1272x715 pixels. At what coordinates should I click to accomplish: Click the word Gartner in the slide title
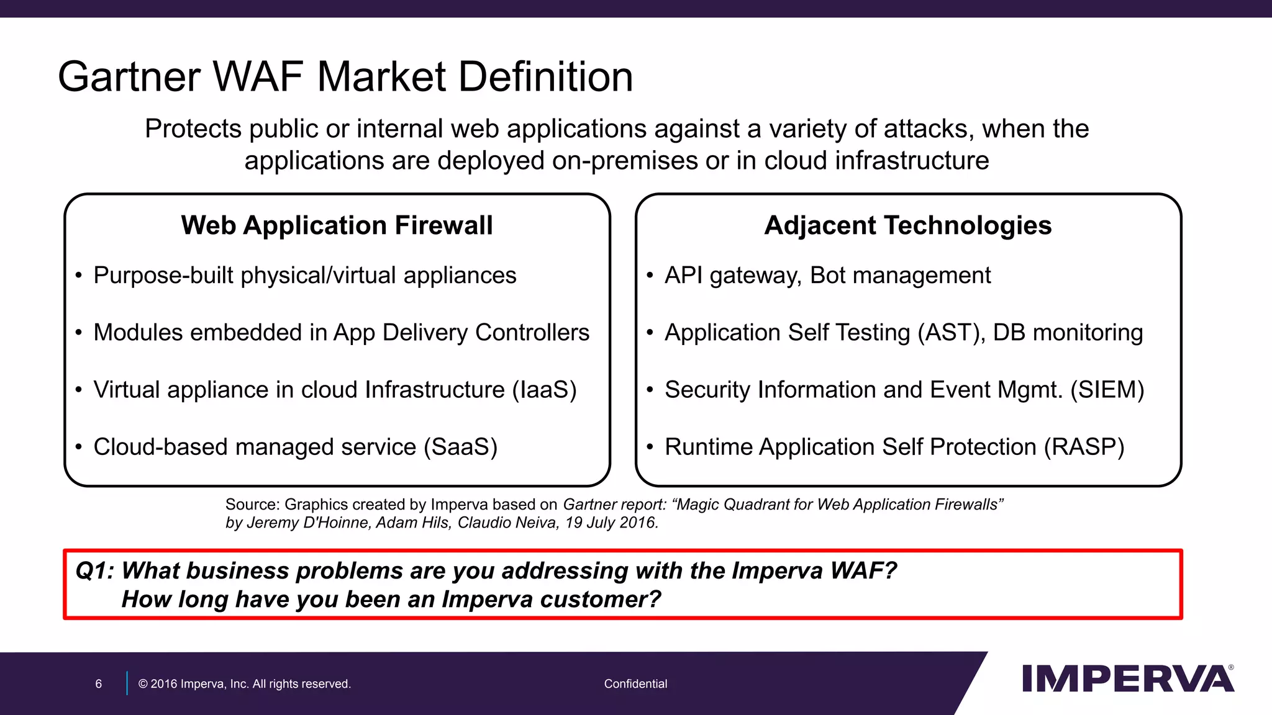(x=129, y=77)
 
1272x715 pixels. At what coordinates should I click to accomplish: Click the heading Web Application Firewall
(x=337, y=225)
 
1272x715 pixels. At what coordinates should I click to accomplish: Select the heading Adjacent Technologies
(x=907, y=225)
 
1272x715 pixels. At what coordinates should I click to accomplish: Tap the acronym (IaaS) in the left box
(x=544, y=390)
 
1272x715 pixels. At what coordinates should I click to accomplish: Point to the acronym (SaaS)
(x=460, y=447)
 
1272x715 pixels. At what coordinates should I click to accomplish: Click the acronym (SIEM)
(x=1107, y=390)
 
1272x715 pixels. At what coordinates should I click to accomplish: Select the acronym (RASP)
(x=1084, y=447)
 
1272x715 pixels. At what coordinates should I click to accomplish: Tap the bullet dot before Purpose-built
(x=79, y=276)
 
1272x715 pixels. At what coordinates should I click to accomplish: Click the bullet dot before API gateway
(x=650, y=276)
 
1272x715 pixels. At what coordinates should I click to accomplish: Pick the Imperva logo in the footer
(x=1127, y=679)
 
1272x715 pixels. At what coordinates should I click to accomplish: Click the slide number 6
(x=98, y=684)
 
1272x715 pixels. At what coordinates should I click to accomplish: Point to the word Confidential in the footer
(x=635, y=684)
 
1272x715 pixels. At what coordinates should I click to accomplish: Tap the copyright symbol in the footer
(x=143, y=684)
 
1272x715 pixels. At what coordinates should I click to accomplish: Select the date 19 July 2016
(x=611, y=523)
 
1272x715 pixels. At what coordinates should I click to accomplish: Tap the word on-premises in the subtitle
(x=625, y=161)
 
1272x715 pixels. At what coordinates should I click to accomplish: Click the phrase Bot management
(x=900, y=276)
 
